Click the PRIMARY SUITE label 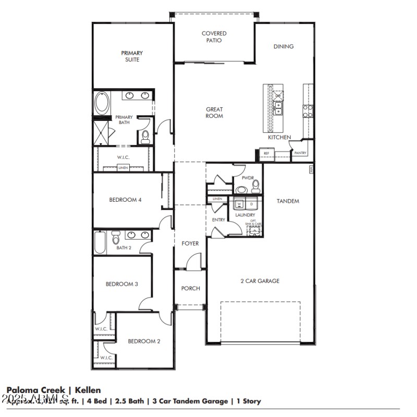(132, 56)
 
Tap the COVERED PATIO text (214, 37)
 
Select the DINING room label (284, 46)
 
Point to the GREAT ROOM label (214, 113)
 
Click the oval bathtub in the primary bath (102, 103)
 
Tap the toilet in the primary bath (145, 137)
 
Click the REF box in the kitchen (266, 154)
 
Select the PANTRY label (300, 153)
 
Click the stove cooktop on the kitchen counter (308, 111)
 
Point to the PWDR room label (248, 178)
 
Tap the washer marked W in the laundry (240, 204)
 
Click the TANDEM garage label (288, 201)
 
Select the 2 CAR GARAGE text (260, 281)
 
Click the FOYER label (190, 243)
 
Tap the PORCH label (190, 288)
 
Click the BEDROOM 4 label (125, 200)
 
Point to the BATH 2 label (124, 248)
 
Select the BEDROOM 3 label (121, 284)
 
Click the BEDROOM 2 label (144, 341)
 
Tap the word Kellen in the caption (88, 390)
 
